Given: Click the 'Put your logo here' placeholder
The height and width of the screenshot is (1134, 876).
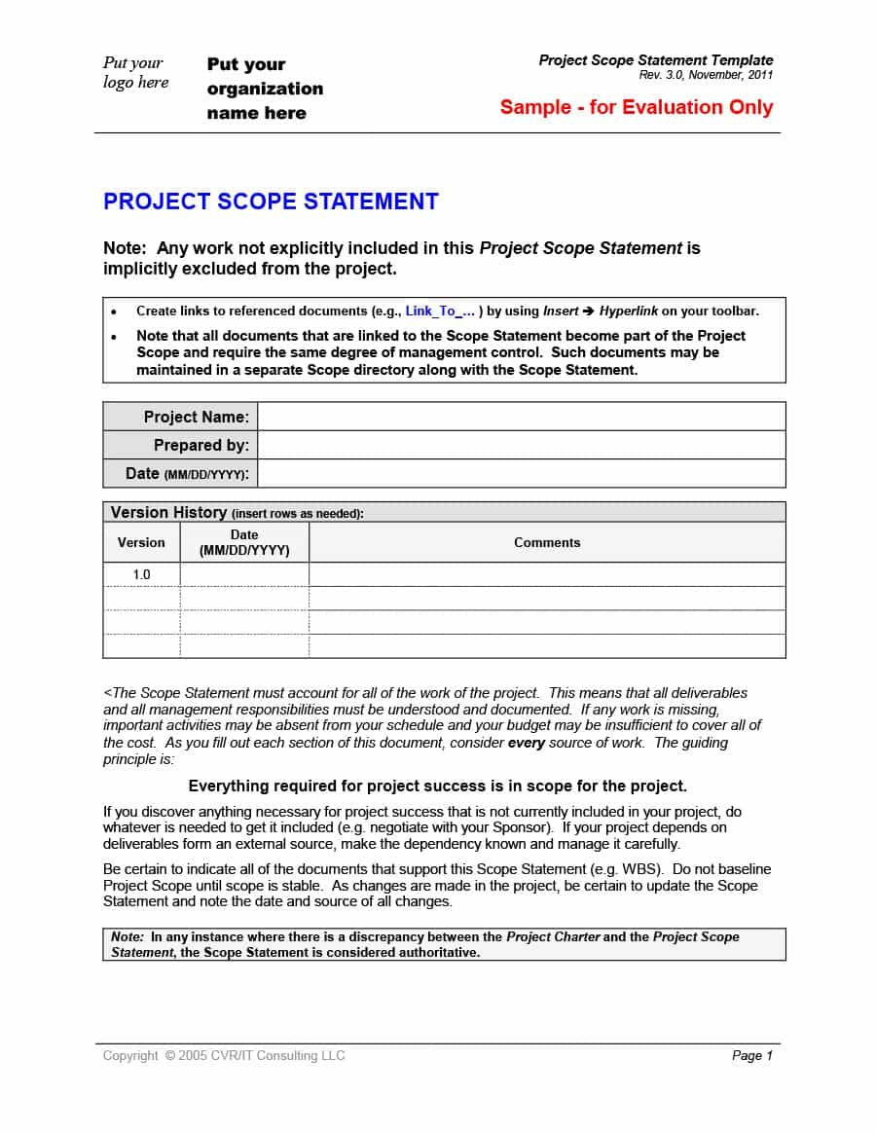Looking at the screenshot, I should (135, 73).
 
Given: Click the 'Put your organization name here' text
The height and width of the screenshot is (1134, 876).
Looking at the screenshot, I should (264, 89).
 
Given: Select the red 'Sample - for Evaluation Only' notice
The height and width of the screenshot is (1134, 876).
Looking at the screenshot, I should (636, 107).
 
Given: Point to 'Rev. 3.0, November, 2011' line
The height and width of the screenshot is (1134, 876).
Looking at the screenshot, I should (706, 75).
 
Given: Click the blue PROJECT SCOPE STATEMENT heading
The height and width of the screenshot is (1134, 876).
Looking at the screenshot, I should (271, 201).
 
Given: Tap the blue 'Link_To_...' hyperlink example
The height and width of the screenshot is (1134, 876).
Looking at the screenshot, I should (440, 311).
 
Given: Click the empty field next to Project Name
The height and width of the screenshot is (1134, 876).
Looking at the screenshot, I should (521, 417).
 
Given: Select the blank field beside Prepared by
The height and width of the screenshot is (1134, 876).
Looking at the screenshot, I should (521, 445).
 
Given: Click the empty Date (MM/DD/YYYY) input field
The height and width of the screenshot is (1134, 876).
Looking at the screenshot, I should (521, 473).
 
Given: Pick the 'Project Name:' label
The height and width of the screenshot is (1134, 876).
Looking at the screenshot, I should (196, 417).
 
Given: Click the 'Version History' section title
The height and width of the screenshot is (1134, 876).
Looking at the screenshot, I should (167, 512).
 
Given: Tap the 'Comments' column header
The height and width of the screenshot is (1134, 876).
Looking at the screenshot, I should (546, 543).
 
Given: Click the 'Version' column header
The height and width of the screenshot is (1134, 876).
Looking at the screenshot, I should (141, 543).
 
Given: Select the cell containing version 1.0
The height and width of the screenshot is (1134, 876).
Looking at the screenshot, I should (141, 574).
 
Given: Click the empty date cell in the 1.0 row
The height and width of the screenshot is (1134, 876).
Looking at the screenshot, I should (244, 574).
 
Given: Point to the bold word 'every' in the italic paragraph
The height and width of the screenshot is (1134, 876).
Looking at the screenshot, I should (526, 743).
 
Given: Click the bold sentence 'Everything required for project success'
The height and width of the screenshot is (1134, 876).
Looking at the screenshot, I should (437, 786).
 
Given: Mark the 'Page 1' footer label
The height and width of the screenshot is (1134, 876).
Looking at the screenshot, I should (751, 1055).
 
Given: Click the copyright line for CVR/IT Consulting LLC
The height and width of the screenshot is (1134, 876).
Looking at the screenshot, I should (224, 1055).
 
